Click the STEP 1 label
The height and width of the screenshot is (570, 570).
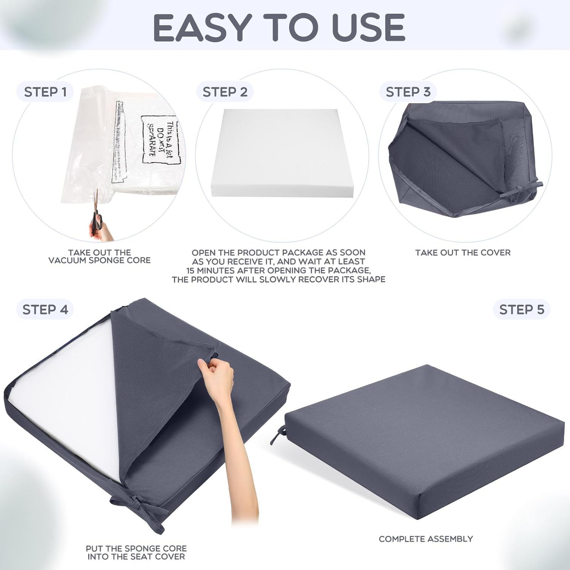click(45, 92)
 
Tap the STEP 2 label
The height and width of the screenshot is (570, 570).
click(225, 92)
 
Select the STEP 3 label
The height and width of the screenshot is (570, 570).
click(408, 92)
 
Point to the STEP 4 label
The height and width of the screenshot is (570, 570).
click(45, 310)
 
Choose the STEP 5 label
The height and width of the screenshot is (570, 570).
click(522, 310)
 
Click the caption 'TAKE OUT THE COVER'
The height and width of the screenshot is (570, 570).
click(462, 253)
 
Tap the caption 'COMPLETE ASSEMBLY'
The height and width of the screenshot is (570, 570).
click(426, 539)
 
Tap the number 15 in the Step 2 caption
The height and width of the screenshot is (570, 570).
click(191, 271)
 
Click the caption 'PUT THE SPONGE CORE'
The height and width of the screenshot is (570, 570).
click(136, 548)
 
